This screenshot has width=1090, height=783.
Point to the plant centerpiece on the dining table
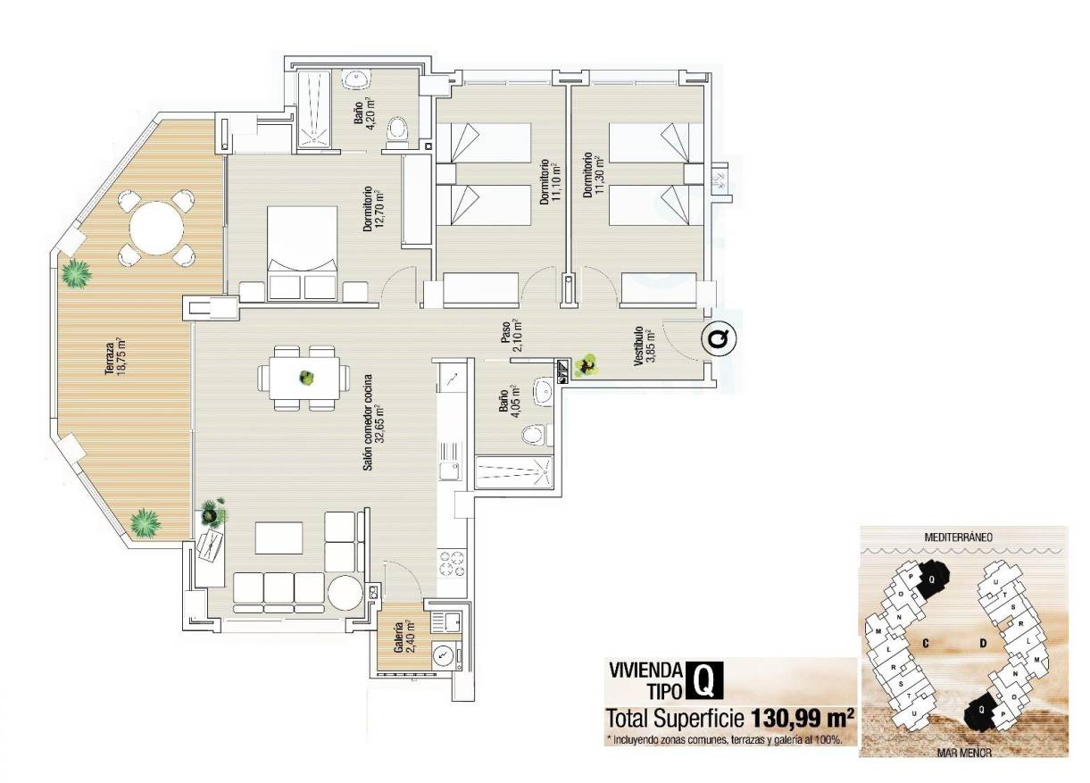tap(306, 378)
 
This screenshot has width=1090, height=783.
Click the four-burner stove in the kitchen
tap(450, 565)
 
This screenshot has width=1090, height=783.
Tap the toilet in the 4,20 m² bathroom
tap(397, 131)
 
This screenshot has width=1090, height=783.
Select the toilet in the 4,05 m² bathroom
tap(534, 435)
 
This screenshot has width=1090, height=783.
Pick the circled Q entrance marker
tap(717, 339)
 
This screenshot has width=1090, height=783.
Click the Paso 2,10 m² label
tap(511, 337)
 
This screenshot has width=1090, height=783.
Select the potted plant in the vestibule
tap(587, 365)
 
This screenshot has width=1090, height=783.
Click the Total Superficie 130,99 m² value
tap(803, 717)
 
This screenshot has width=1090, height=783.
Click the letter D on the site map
tap(982, 642)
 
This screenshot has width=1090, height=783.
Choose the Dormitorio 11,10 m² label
tap(549, 183)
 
